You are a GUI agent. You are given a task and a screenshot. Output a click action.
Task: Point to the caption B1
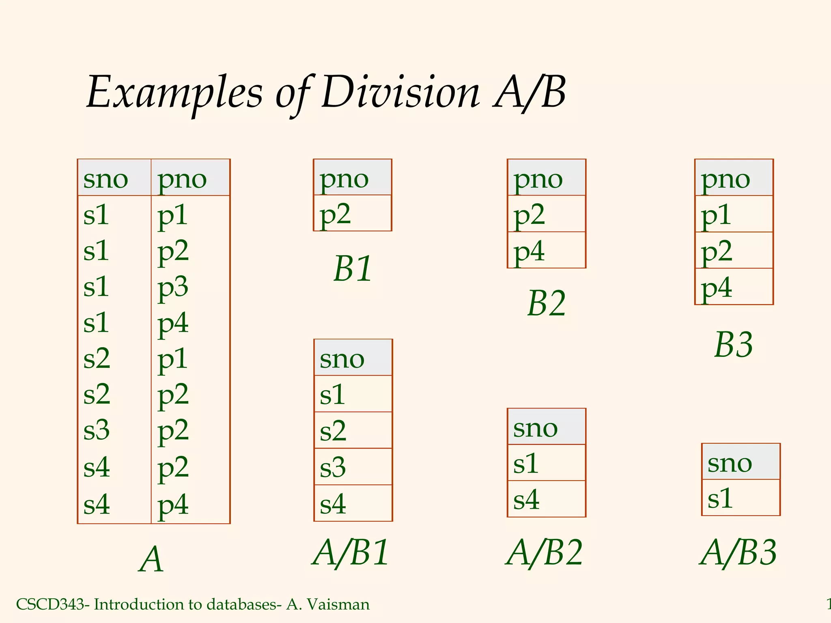[353, 269]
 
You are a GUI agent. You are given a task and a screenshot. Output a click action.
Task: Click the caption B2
[547, 303]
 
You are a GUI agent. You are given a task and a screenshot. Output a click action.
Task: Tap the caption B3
[733, 345]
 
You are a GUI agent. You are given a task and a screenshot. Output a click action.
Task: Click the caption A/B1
[351, 553]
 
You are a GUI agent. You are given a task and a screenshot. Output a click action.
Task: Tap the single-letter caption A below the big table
[151, 560]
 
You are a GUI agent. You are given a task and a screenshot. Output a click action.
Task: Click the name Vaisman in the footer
[338, 604]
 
